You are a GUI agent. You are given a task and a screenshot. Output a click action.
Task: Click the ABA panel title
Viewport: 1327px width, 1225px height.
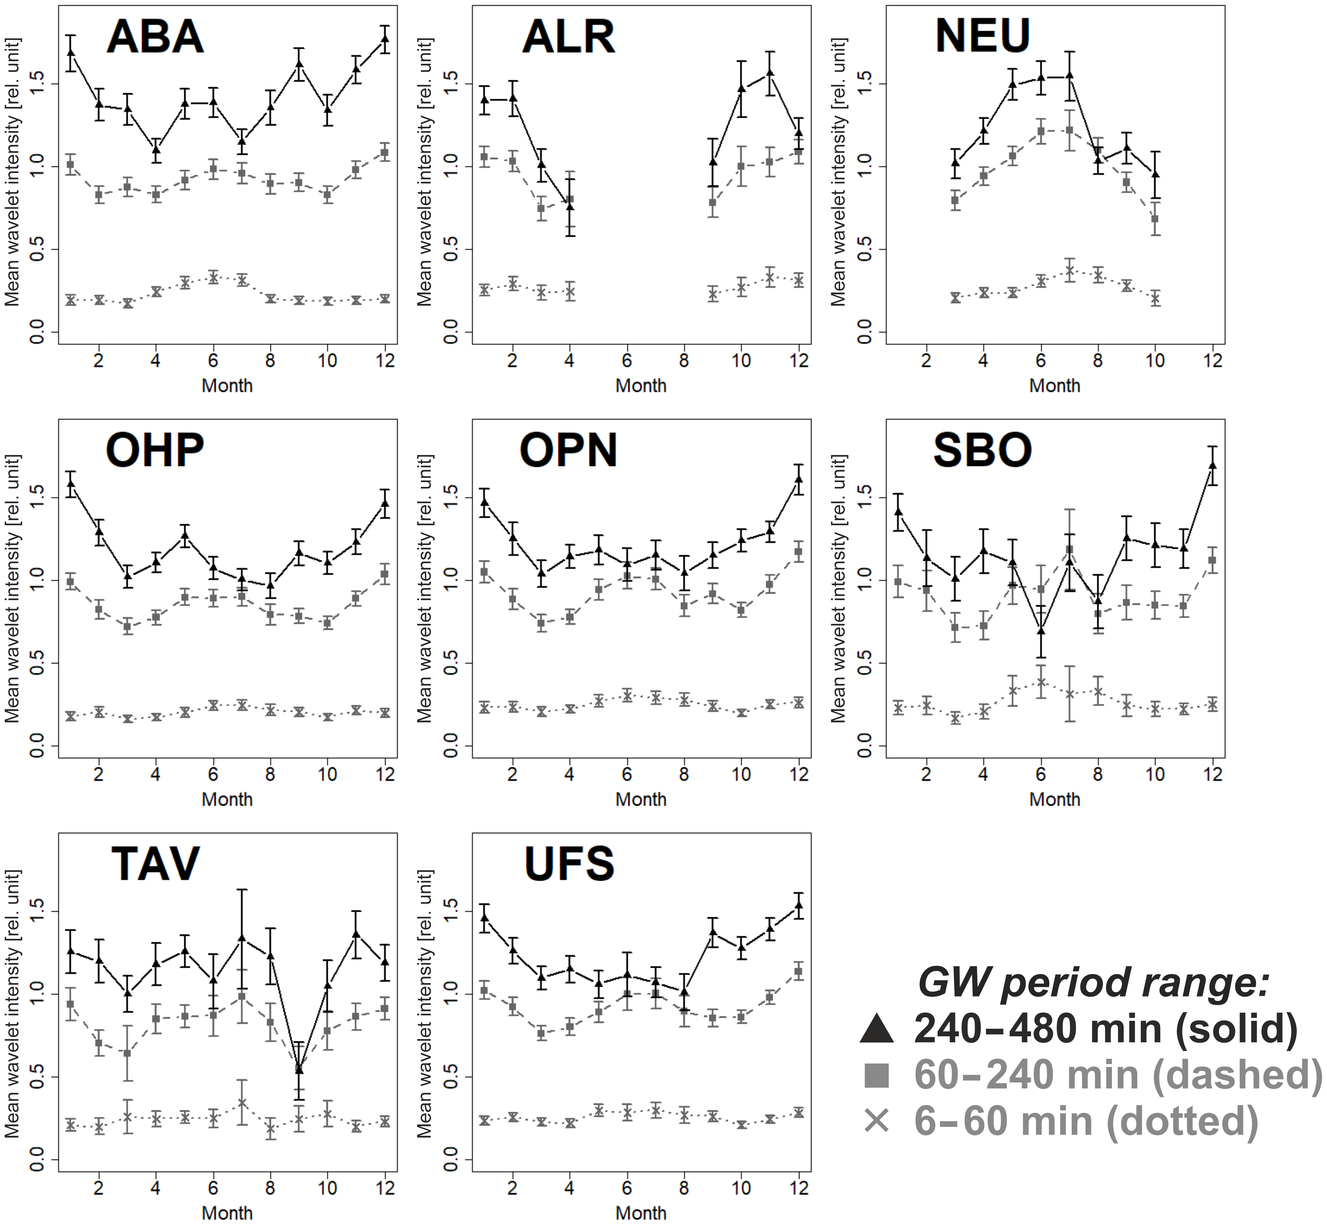[x=155, y=37]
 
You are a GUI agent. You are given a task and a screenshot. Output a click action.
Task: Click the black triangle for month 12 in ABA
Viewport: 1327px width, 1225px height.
[x=384, y=39]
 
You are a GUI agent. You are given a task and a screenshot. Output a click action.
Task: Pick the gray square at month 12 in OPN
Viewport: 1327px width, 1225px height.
[x=799, y=552]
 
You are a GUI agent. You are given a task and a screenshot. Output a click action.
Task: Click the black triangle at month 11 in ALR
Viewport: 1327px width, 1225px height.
[x=770, y=73]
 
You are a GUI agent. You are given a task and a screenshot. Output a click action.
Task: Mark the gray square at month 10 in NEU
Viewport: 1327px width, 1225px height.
[x=1155, y=219]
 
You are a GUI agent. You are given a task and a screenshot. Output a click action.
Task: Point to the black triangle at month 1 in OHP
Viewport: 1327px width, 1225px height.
[x=71, y=483]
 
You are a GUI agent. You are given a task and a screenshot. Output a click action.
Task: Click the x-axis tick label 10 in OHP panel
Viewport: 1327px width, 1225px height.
[x=327, y=774]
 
